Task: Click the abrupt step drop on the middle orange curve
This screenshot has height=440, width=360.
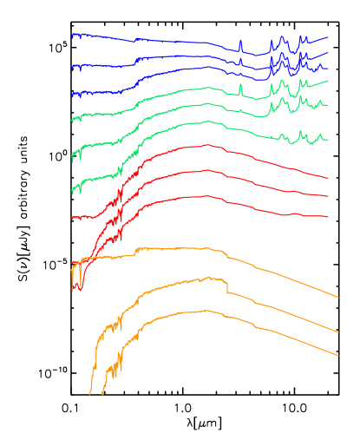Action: tap(227, 286)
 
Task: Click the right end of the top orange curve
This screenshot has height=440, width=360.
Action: tap(337, 298)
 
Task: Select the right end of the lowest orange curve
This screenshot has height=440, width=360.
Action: tap(337, 355)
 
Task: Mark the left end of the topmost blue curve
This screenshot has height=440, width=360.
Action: tap(72, 36)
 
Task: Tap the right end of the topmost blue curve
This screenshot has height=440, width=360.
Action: tap(328, 37)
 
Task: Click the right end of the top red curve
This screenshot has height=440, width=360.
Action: tap(328, 178)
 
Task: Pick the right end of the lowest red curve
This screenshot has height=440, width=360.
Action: tap(328, 217)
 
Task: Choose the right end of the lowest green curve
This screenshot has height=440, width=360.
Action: tap(328, 140)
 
